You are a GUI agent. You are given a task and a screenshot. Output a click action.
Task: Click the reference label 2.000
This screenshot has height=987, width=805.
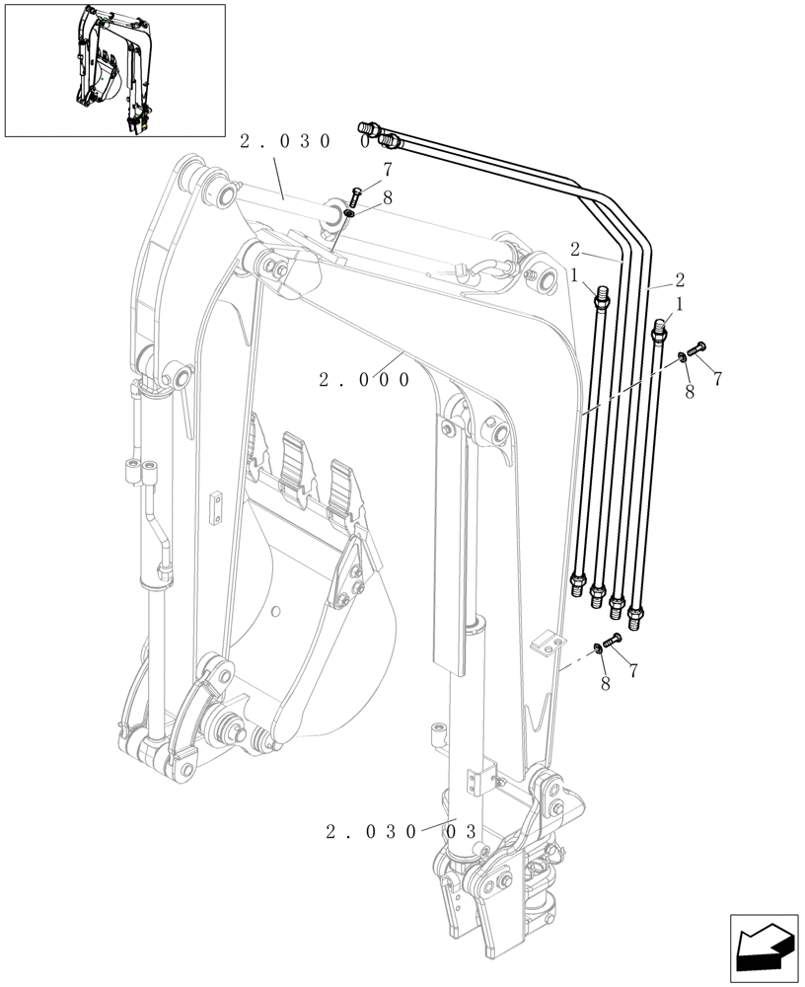364,379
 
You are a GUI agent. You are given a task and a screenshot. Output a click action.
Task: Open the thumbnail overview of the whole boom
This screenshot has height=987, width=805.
114,70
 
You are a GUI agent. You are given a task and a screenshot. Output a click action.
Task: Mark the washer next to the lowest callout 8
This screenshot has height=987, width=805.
598,647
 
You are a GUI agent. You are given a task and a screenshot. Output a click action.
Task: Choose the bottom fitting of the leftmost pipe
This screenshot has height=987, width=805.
578,585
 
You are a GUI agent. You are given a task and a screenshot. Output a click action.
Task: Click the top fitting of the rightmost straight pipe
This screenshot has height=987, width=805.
661,328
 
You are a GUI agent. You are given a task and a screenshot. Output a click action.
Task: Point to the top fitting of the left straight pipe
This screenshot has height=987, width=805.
602,295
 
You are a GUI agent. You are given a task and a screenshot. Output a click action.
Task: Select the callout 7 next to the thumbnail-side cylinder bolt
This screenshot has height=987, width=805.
388,169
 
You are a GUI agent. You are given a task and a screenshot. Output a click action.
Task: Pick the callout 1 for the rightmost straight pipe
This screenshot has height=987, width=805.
679,306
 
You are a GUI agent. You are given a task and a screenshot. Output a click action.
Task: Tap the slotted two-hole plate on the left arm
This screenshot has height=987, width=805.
216,511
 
